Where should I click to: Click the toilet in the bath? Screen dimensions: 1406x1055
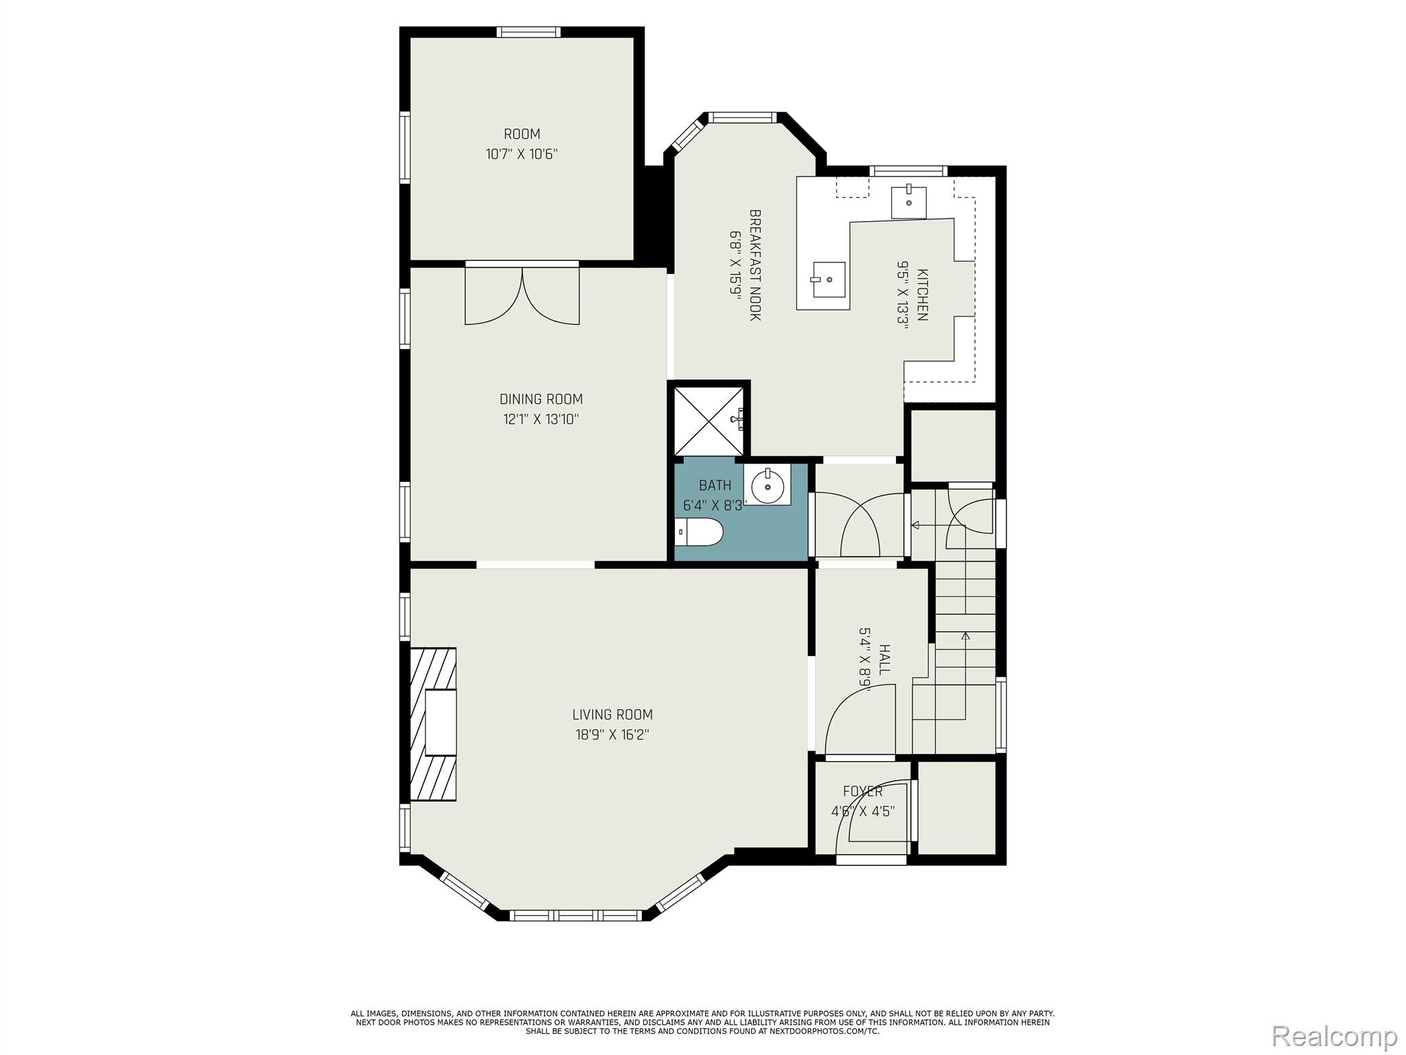699,532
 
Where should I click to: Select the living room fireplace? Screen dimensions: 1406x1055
433,724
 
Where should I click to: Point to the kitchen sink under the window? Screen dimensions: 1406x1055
908,202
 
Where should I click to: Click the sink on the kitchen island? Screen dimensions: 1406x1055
829,280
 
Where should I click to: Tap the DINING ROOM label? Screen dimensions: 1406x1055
541,399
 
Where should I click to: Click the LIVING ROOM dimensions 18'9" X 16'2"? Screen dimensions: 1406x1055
612,735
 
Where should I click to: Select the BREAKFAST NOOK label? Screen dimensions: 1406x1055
755,265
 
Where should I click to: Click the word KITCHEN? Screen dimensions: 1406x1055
923,294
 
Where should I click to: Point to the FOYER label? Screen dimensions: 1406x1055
863,791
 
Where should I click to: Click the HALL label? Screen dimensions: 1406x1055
885,659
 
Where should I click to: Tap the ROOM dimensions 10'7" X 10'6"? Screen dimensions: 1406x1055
522,154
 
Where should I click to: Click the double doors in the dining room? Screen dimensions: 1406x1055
522,295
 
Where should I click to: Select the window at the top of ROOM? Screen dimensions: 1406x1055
529,32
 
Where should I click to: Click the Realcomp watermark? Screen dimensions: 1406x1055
1335,1035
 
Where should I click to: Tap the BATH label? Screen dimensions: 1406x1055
715,486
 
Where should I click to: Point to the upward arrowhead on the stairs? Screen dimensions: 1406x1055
965,636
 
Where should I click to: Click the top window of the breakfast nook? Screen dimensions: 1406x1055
744,117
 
